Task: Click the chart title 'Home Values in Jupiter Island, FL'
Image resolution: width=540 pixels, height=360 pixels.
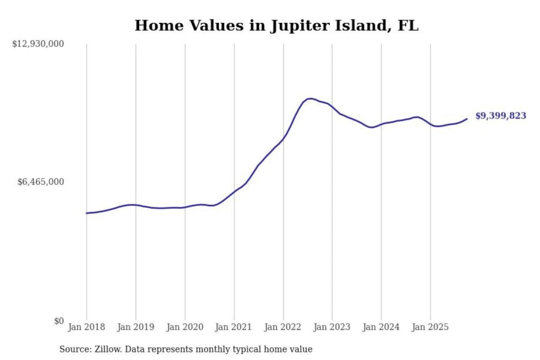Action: [x=276, y=25]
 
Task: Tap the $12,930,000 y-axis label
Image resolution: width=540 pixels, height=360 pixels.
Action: [x=38, y=44]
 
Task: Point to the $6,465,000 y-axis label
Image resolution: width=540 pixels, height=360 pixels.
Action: [x=40, y=182]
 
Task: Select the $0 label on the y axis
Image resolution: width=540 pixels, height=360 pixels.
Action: [x=59, y=321]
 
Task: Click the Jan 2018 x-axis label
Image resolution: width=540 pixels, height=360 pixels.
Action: [x=86, y=327]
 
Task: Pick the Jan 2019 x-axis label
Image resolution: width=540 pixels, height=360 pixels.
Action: [x=135, y=327]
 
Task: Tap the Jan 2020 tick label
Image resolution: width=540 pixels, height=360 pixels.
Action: [x=184, y=327]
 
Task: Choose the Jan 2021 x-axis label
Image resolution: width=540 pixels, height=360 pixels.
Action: [x=233, y=327]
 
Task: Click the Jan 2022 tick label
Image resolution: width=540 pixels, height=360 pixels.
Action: [x=282, y=327]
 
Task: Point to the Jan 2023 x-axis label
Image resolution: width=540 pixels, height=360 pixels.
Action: [x=331, y=327]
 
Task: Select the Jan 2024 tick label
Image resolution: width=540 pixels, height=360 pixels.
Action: [x=381, y=327]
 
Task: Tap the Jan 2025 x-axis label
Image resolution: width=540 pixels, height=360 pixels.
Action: [x=430, y=327]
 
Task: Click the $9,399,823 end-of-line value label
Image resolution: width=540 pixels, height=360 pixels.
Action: [x=501, y=115]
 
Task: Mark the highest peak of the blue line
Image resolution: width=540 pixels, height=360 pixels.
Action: [x=310, y=99]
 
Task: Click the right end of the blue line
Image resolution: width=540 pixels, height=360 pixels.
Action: [x=467, y=119]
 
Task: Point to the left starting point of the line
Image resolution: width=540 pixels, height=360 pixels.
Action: [x=87, y=213]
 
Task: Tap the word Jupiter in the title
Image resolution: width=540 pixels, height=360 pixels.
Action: [x=300, y=25]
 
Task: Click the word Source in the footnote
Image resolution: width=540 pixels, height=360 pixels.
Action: [x=75, y=349]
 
